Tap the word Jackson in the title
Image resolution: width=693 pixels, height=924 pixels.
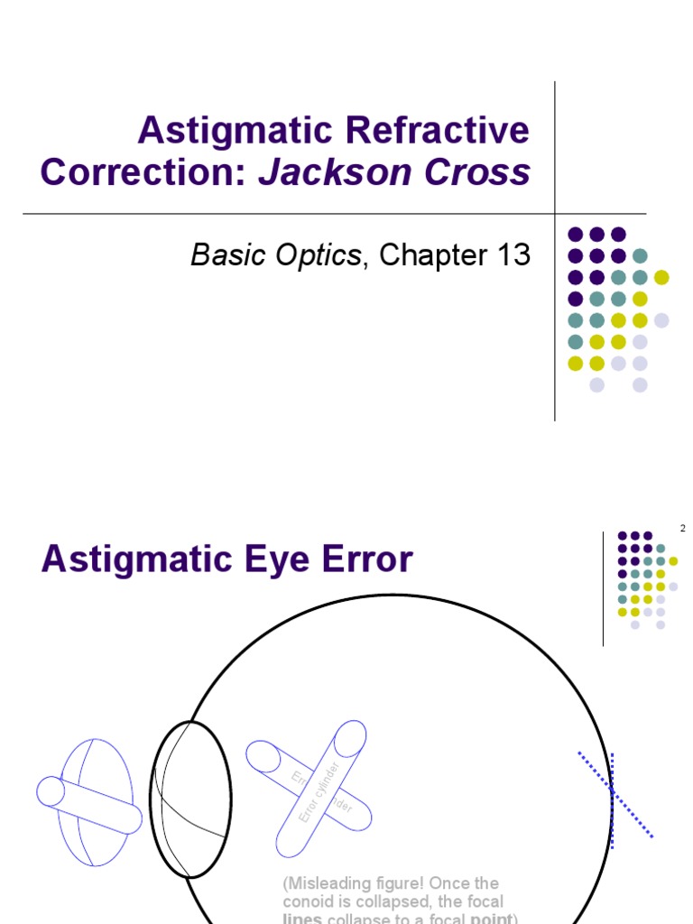337,171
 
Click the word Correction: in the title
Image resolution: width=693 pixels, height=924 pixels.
143,171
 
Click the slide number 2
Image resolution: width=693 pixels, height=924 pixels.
682,529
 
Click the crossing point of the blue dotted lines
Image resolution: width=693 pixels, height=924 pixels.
612,790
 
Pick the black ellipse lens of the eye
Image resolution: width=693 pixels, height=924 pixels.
189,799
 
